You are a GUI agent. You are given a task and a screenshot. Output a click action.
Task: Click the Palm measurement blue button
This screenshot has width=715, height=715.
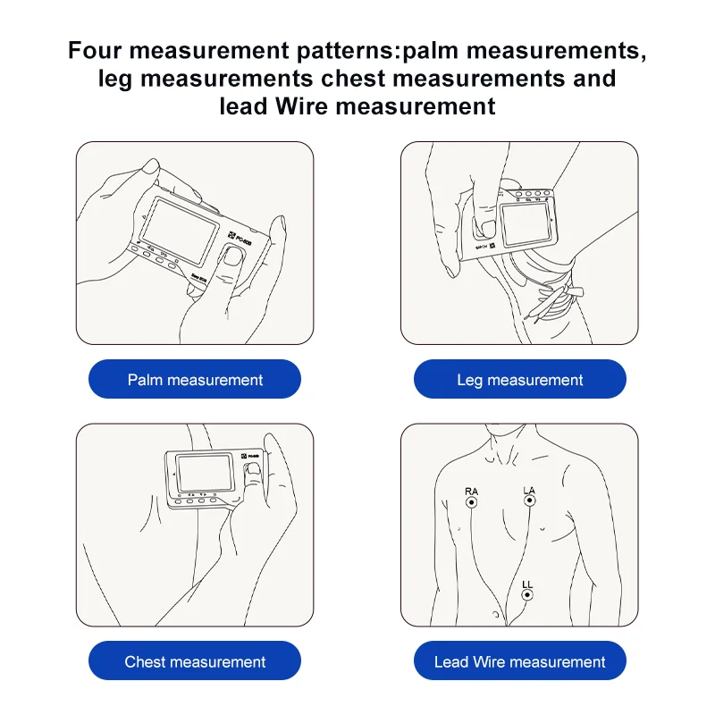coord(195,380)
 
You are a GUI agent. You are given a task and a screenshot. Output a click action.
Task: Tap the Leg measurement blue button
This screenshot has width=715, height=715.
coord(519,380)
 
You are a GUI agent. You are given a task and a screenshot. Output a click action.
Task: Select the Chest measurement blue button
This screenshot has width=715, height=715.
coord(195,662)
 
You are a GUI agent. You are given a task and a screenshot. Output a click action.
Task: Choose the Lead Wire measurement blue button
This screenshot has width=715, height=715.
coord(519,662)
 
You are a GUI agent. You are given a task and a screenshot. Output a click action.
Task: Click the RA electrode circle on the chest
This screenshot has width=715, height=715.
coord(471,503)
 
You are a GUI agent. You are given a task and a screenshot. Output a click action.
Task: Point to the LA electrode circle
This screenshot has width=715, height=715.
coord(529,502)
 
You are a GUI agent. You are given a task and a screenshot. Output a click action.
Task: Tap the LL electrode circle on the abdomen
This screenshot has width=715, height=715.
coord(527,595)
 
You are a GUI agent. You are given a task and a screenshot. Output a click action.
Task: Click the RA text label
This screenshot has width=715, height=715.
coord(471,491)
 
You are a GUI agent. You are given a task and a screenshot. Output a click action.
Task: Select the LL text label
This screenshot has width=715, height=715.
coord(527,584)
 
